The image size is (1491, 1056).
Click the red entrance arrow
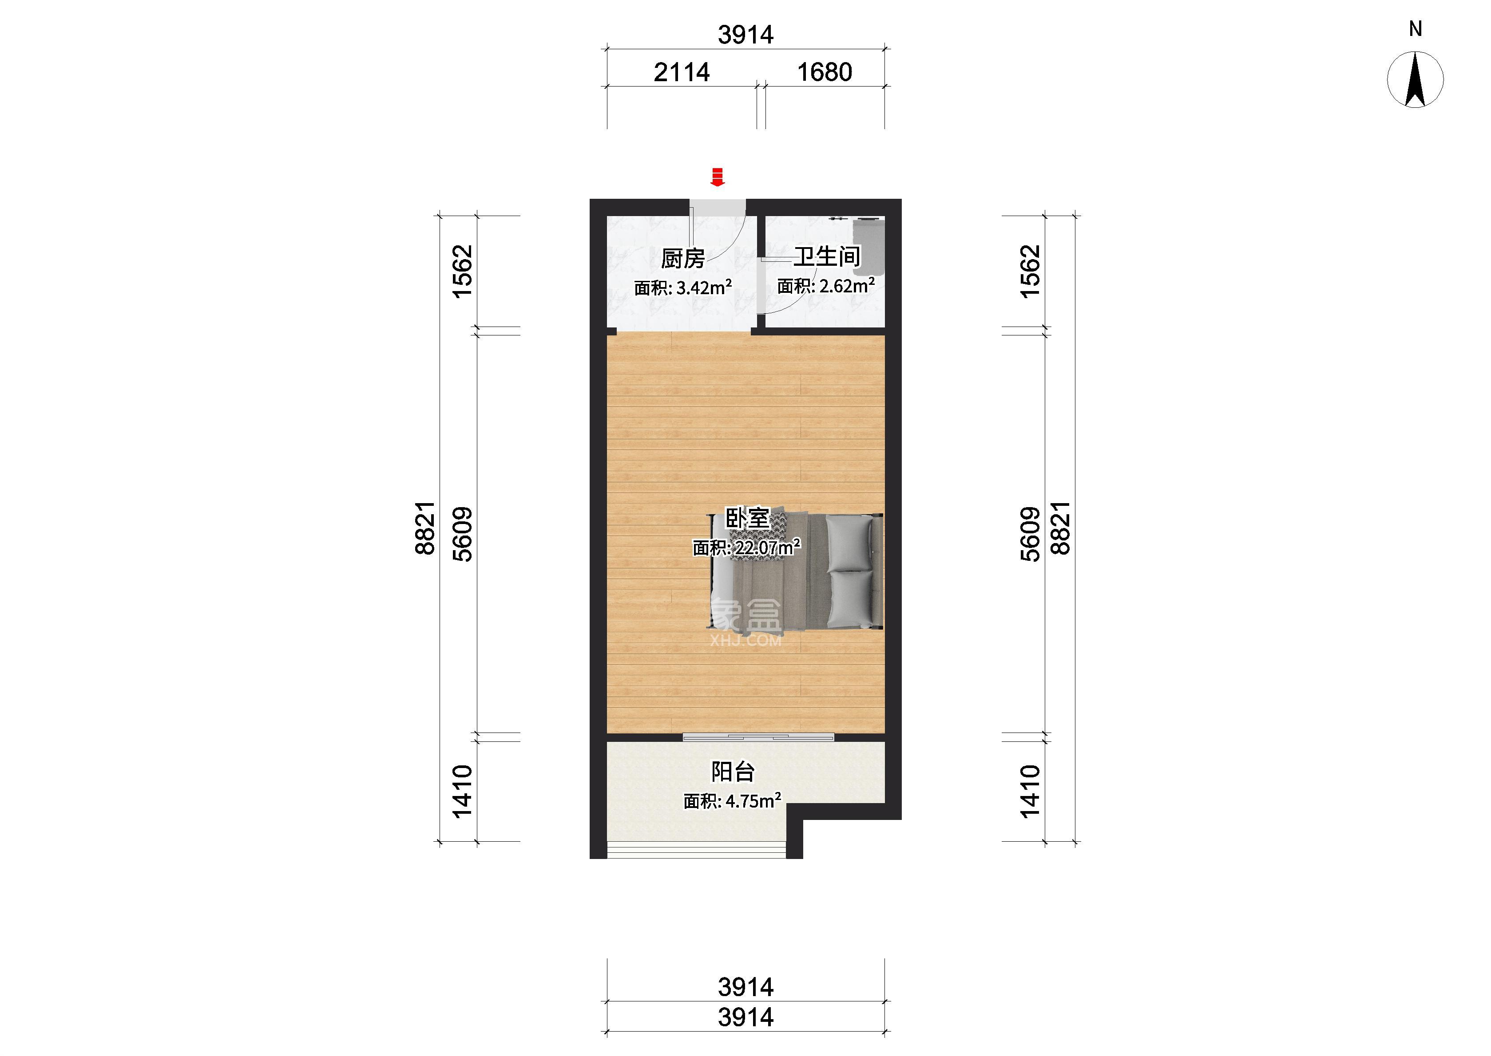coord(717,177)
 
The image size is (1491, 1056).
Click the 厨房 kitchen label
coord(682,258)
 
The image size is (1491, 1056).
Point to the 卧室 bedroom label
coord(747,519)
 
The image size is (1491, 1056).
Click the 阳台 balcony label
coord(733,772)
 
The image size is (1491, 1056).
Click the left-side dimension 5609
coord(463,534)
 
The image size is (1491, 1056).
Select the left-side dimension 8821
coord(425,528)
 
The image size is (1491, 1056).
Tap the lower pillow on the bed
coord(850,598)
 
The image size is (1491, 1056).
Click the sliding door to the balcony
coord(758,737)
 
